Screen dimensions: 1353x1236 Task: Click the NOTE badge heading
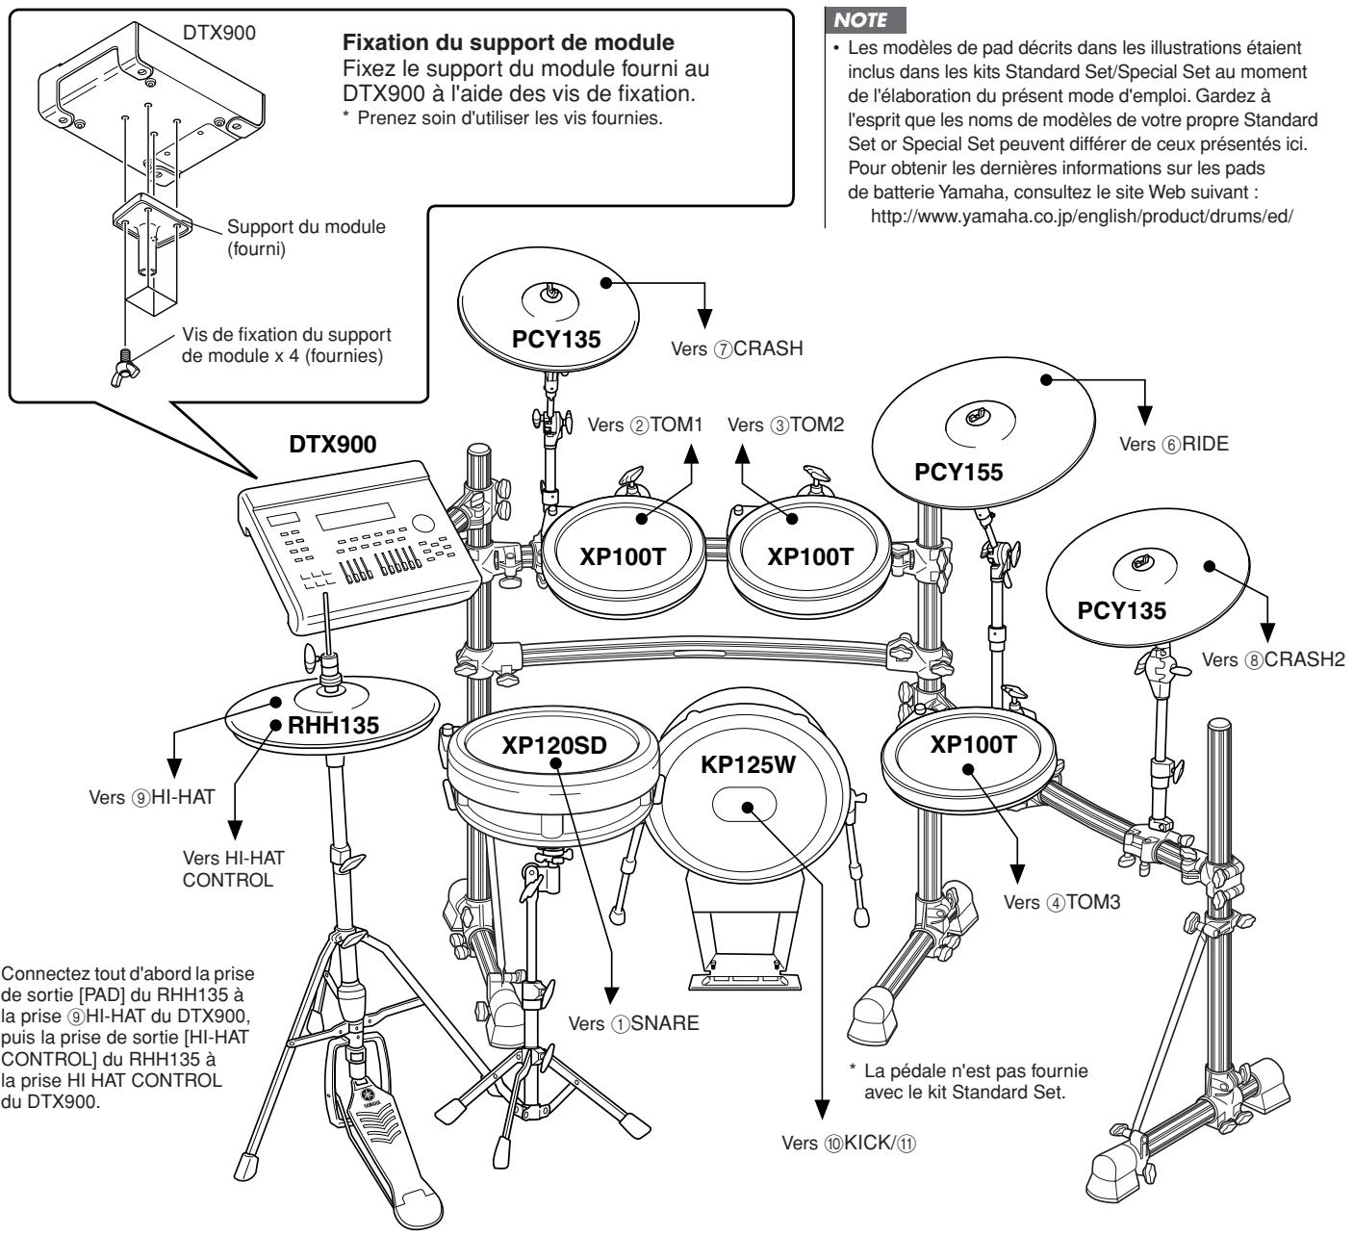coord(864,20)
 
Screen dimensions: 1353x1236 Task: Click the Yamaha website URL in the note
coord(1082,217)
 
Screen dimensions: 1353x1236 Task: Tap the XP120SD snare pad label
coord(554,745)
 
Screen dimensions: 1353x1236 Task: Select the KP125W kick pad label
coord(748,764)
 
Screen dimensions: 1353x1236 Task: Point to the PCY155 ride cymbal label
coord(958,472)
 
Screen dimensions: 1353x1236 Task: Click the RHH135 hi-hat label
coord(333,725)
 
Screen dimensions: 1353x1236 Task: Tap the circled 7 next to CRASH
coord(723,349)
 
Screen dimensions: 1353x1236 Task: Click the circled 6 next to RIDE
coord(1171,445)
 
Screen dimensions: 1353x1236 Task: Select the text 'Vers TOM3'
coord(1061,902)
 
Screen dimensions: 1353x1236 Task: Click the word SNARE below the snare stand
coord(664,1023)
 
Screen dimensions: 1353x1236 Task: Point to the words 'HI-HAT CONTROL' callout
coord(234,869)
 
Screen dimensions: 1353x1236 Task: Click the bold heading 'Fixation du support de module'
coord(508,42)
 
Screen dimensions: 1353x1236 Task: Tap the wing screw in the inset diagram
coord(125,369)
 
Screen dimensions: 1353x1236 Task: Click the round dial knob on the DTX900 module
coord(422,524)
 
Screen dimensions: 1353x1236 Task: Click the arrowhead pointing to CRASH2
coord(1267,632)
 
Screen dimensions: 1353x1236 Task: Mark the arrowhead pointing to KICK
coord(822,1110)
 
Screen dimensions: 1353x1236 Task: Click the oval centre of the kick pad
coord(744,805)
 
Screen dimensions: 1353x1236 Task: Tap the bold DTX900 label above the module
coord(333,444)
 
